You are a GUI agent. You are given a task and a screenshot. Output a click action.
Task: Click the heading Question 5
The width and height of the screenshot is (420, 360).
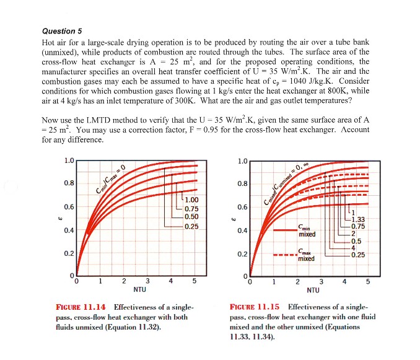pyautogui.click(x=61, y=31)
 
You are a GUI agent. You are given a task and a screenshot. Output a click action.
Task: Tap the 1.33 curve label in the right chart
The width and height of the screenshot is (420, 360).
pyautogui.click(x=359, y=219)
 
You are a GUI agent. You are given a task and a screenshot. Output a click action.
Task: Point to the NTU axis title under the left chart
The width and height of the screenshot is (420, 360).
pyautogui.click(x=140, y=289)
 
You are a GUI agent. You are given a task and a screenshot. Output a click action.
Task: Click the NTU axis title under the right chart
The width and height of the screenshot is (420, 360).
pyautogui.click(x=313, y=289)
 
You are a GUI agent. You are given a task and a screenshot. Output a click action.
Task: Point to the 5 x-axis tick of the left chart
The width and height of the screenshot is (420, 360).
pyautogui.click(x=195, y=281)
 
